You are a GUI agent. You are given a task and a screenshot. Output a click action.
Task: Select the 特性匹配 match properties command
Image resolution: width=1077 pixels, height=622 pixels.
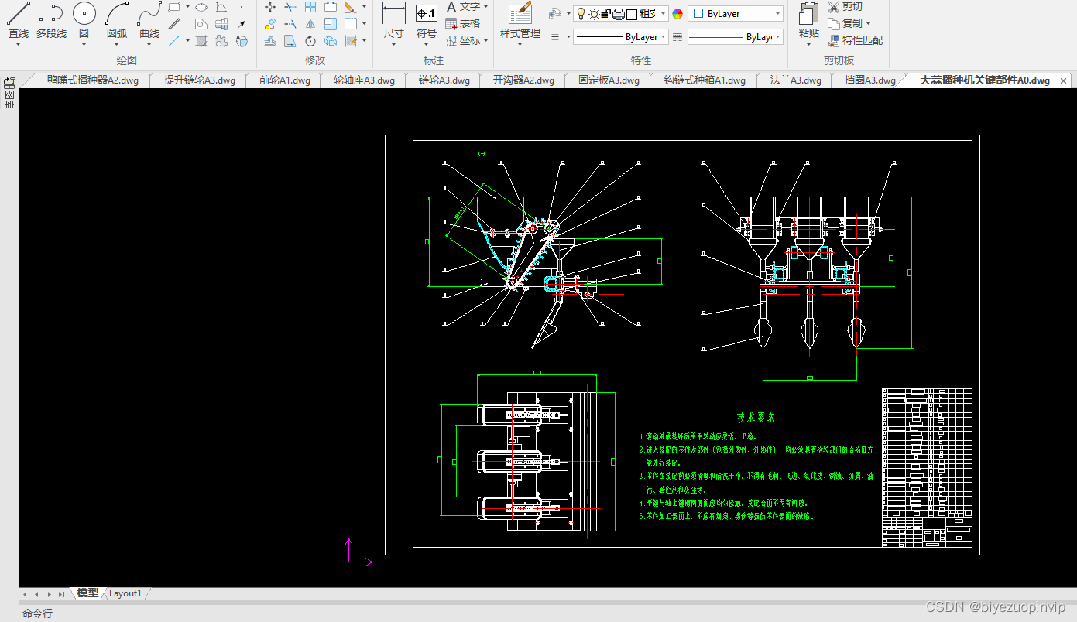pyautogui.click(x=856, y=40)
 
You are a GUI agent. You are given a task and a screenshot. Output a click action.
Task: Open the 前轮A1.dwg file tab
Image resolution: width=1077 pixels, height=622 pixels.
pyautogui.click(x=284, y=80)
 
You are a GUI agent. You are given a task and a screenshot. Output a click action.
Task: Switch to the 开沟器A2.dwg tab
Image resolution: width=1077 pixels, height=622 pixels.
pyautogui.click(x=523, y=80)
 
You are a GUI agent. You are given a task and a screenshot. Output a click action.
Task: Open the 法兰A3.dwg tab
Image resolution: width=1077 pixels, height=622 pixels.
pyautogui.click(x=795, y=80)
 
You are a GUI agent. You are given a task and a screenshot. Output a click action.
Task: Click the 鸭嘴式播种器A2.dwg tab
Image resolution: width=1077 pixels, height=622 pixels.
pyautogui.click(x=93, y=80)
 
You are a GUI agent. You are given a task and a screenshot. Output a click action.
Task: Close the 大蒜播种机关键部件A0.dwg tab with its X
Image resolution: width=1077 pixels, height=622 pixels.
pyautogui.click(x=1063, y=80)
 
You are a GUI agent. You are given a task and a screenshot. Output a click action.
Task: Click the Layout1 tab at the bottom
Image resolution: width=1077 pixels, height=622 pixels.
pyautogui.click(x=125, y=593)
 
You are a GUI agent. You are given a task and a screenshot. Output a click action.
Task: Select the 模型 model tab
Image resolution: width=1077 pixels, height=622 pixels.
pyautogui.click(x=87, y=593)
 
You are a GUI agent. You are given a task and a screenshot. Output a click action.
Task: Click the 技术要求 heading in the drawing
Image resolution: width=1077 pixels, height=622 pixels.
pyautogui.click(x=755, y=418)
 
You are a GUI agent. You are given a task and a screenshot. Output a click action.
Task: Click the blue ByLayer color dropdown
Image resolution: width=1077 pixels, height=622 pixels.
pyautogui.click(x=735, y=14)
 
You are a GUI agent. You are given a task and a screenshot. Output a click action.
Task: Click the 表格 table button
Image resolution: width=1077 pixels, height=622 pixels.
pyautogui.click(x=463, y=24)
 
